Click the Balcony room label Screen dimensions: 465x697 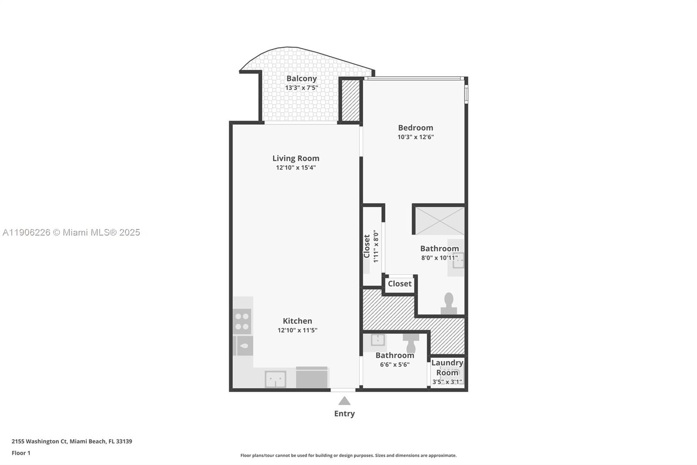coord(301,79)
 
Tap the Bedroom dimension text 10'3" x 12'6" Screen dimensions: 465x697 coord(415,137)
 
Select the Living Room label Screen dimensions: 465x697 coord(296,158)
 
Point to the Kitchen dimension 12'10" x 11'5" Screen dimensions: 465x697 coord(297,330)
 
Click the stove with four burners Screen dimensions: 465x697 coord(242,321)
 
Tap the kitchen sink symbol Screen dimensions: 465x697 coord(275,379)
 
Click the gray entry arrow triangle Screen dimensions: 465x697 coord(344,400)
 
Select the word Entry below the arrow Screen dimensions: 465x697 coord(344,414)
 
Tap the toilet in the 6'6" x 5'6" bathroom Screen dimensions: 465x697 coord(411,343)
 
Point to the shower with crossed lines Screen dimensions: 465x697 coord(440,221)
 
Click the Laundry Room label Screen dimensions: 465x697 coord(447,367)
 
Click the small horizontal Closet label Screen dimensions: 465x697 coord(399,284)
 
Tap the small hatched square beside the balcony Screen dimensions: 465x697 coord(349,100)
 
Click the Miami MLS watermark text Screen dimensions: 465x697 coord(71,232)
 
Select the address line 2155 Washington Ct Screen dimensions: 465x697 coord(72,441)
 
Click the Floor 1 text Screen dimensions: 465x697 coord(21,453)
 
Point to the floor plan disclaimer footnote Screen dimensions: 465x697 coord(348,455)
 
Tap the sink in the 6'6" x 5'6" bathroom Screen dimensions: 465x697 coord(377,340)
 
